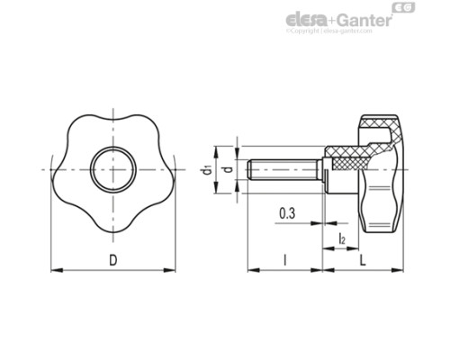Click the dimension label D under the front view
112,260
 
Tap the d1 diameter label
208,169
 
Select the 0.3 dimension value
288,213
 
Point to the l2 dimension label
343,238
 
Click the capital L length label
362,260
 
